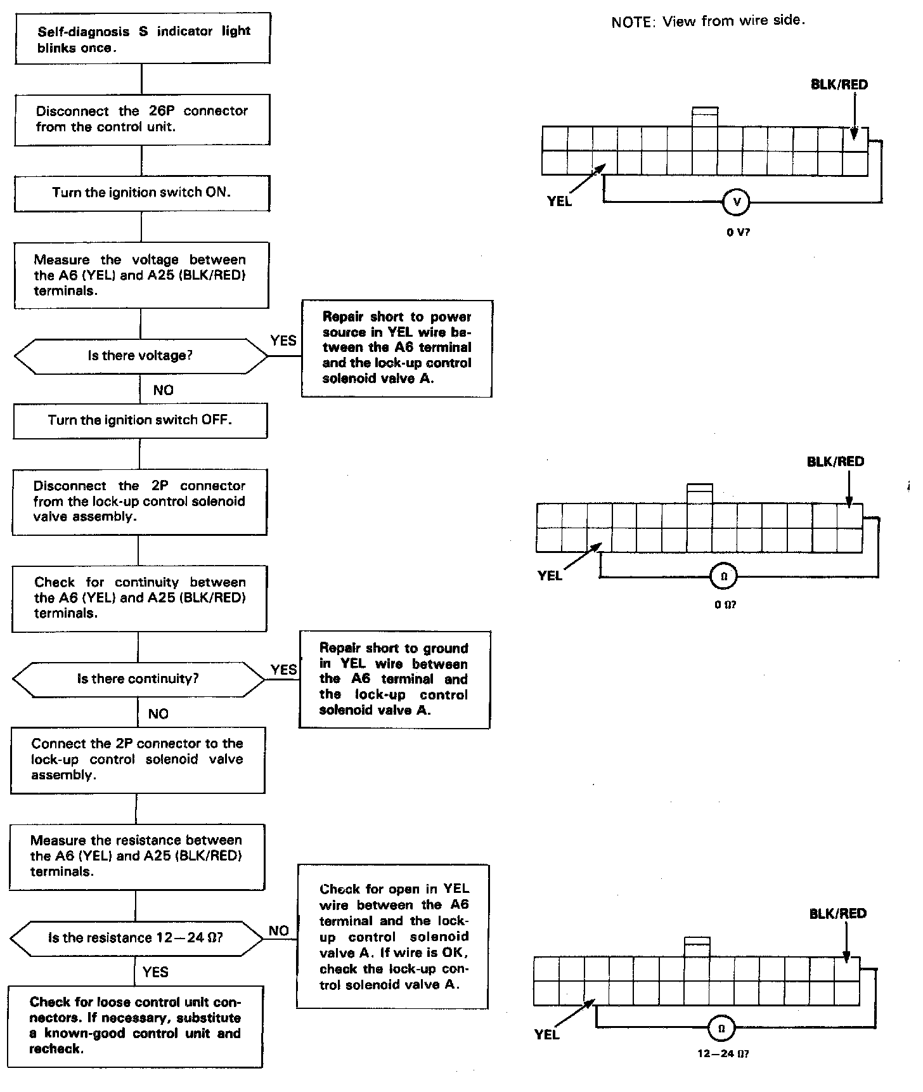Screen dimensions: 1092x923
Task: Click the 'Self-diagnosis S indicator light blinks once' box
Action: (x=143, y=39)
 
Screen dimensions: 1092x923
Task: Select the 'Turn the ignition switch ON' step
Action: (x=141, y=193)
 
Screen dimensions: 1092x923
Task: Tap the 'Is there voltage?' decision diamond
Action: (x=141, y=356)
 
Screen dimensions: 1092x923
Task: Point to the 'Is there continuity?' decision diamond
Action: (x=138, y=679)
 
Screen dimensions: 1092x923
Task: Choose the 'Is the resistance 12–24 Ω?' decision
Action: (x=136, y=938)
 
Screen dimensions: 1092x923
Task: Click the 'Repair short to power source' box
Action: (x=397, y=348)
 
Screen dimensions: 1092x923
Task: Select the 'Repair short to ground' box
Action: (x=394, y=679)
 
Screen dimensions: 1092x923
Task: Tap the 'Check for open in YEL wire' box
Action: (x=392, y=936)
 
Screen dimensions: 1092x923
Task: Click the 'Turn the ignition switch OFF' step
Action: (x=140, y=420)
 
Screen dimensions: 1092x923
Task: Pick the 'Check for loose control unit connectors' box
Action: (x=135, y=1025)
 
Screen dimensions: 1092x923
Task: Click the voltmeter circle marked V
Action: (x=736, y=202)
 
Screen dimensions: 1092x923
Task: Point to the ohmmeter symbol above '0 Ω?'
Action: (x=725, y=576)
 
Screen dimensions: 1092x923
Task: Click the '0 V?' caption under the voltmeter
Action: (x=738, y=233)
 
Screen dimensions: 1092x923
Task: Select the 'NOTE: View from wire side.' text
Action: (x=708, y=22)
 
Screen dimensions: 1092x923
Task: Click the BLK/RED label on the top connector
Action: (x=839, y=85)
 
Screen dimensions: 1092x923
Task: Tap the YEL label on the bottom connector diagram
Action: (x=547, y=1034)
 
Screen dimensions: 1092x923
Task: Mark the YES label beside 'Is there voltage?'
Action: (x=283, y=341)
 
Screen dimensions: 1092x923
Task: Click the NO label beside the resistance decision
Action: (x=279, y=930)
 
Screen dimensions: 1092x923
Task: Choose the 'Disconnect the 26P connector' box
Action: (x=142, y=119)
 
